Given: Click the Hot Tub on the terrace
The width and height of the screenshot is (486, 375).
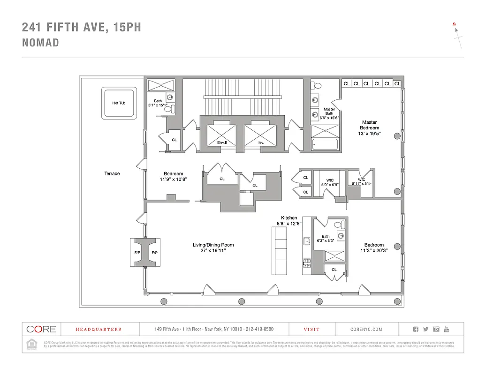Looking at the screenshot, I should coord(119,103).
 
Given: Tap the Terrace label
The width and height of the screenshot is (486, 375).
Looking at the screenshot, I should coord(112,173).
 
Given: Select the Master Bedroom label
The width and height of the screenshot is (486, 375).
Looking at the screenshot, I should coord(369,125).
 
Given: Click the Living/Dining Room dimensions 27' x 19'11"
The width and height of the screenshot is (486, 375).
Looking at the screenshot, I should coord(213,251).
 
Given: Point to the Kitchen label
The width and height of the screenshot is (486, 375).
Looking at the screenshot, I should coord(289,218).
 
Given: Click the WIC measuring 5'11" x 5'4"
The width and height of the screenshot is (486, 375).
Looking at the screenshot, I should coord(361,181).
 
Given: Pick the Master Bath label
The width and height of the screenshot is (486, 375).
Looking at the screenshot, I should coord(329,112).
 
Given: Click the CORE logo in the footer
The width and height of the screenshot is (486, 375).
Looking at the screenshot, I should coord(41,329).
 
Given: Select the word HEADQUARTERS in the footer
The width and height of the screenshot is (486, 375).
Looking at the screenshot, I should coord(99,330).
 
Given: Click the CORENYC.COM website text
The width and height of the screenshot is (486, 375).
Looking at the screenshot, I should coord(366,330).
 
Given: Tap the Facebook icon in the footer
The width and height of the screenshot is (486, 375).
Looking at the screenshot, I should coord(416,329).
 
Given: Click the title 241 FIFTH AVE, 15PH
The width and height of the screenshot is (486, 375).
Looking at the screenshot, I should coord(81,27).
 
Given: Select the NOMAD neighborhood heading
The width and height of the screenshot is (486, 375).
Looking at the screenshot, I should coord(40,43).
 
